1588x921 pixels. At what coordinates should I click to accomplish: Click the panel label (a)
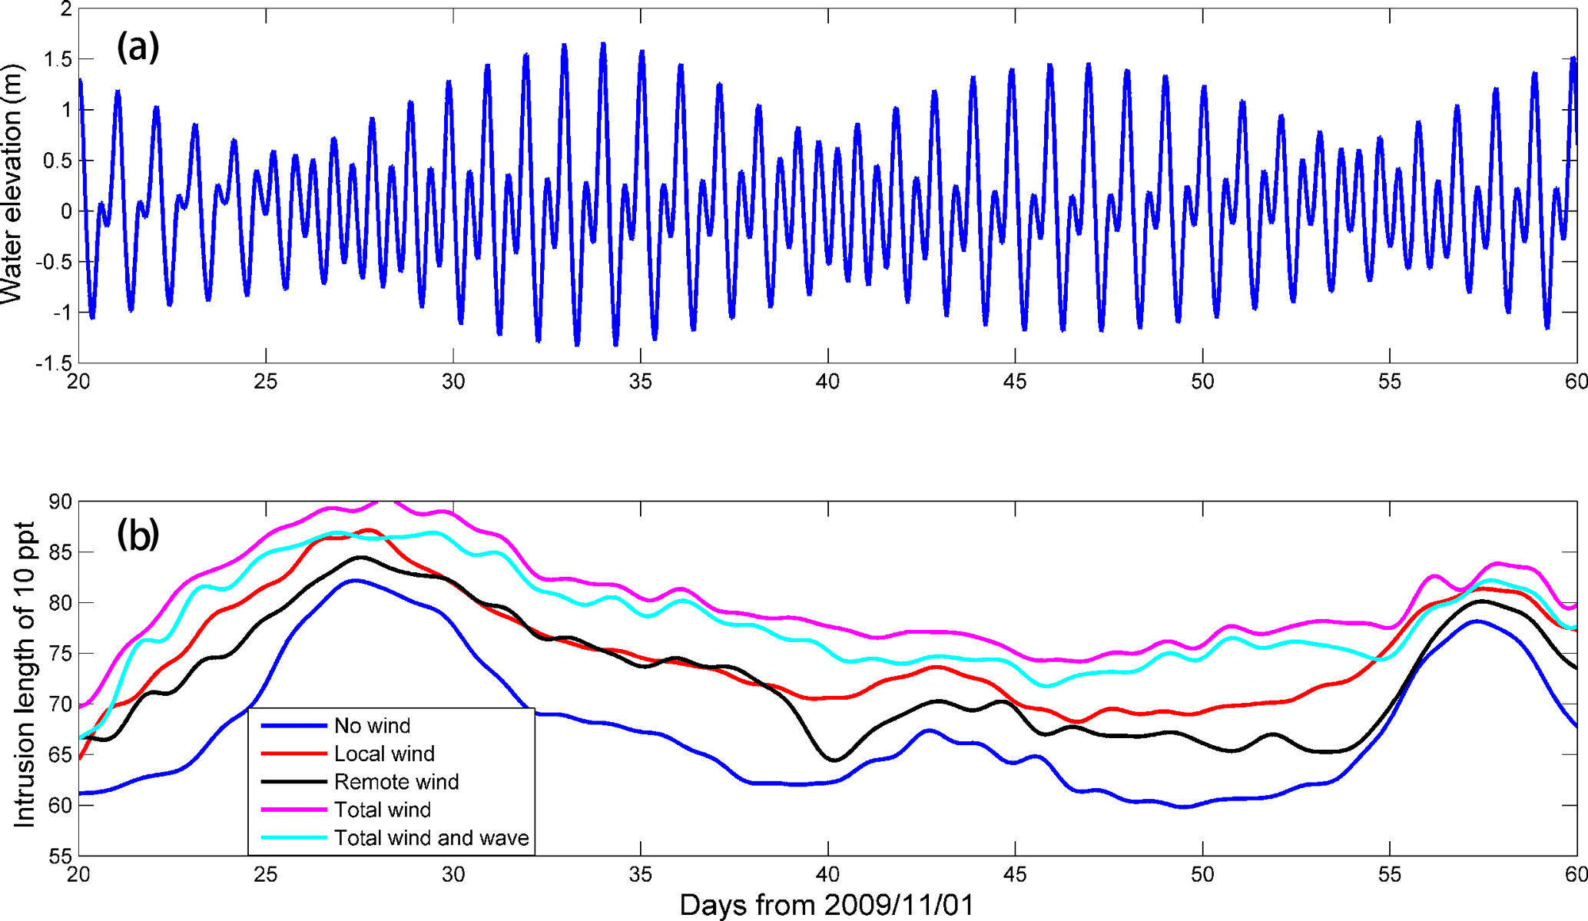138,48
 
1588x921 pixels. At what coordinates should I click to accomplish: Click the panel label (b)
138,534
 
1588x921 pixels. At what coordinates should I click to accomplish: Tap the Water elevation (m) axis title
13,184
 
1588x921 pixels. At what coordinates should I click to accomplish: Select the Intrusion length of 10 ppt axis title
25,676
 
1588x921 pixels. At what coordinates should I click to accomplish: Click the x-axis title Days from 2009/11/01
827,905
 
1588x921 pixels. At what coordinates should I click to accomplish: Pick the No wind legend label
372,726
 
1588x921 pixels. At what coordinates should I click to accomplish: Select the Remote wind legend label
396,782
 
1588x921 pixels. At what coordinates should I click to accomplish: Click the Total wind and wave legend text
431,838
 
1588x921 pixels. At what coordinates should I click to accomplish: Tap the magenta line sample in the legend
293,810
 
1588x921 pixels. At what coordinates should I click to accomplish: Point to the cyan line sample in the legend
293,838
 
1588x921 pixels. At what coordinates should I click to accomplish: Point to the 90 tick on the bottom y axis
60,502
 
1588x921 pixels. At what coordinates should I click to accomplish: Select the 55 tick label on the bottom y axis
60,856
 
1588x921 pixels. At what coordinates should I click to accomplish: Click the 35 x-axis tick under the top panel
640,382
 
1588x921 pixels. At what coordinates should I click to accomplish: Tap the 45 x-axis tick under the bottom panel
1015,875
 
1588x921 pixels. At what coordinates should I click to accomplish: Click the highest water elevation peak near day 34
603,44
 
